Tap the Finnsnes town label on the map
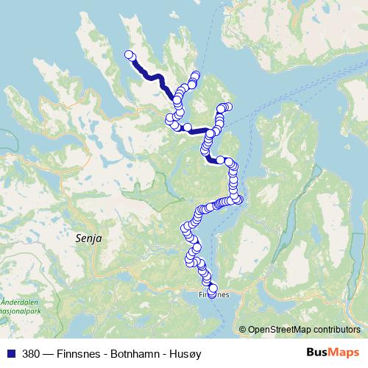tap(214, 294)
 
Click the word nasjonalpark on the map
tap(21, 311)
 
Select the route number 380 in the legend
tap(30, 353)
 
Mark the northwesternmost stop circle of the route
tap(129, 54)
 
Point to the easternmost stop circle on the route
tap(238, 198)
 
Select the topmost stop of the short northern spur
tap(196, 74)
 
